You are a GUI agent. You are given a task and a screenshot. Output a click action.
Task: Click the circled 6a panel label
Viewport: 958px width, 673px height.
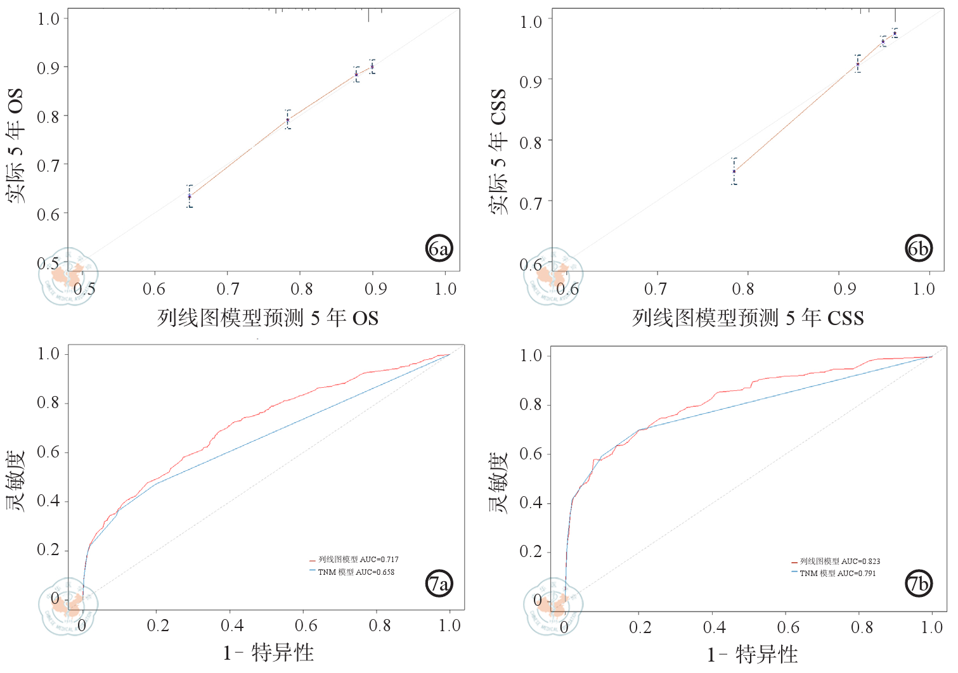pos(439,248)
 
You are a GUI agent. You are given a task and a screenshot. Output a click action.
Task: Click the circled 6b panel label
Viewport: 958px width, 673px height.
pos(918,248)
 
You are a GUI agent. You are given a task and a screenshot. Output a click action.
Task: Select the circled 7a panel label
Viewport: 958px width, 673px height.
pos(439,583)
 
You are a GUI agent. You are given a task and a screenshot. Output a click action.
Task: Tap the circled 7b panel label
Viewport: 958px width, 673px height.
pos(918,584)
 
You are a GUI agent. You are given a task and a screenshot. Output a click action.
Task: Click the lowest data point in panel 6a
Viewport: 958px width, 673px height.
pos(190,196)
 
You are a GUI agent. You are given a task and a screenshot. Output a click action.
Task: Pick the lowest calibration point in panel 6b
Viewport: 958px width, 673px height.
pos(734,171)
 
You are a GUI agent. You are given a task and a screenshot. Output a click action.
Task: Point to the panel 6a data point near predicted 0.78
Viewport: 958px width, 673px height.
pos(288,120)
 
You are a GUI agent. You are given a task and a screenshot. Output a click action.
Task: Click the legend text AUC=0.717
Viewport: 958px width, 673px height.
pos(358,560)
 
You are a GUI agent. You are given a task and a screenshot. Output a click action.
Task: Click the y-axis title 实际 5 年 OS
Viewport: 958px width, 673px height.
pos(15,146)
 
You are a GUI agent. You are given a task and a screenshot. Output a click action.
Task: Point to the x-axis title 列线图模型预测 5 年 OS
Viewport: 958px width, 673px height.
pos(268,317)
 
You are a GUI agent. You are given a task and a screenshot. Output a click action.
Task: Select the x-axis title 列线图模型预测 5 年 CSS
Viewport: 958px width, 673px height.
pos(748,317)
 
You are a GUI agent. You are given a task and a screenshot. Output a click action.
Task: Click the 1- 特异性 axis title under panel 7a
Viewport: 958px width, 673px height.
pos(268,653)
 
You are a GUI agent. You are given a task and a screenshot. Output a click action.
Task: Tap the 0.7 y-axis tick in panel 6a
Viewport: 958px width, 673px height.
pos(48,166)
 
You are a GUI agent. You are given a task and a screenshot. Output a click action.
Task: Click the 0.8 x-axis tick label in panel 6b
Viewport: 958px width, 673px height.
pos(743,290)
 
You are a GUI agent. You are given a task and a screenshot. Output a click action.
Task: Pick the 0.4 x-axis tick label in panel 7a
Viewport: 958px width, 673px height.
pos(232,626)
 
